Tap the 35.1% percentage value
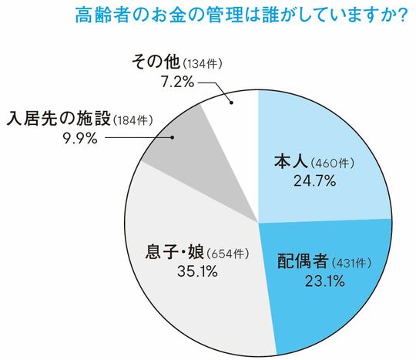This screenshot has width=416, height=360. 193,271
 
